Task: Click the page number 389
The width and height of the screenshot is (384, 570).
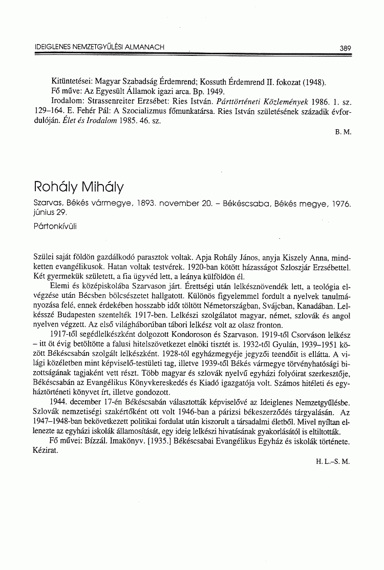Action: coord(345,48)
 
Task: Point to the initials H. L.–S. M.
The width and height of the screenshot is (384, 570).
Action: coord(333,461)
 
